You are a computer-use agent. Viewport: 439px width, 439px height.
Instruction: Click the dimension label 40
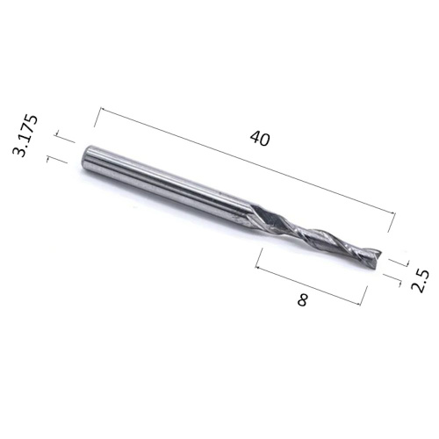click(x=260, y=139)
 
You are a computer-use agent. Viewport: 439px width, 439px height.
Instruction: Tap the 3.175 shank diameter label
click(x=25, y=136)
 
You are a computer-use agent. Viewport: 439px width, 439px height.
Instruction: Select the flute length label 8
click(x=302, y=300)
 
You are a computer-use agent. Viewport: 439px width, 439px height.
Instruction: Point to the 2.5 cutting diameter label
click(x=421, y=281)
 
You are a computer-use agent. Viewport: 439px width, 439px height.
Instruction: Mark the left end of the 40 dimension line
click(x=100, y=108)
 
